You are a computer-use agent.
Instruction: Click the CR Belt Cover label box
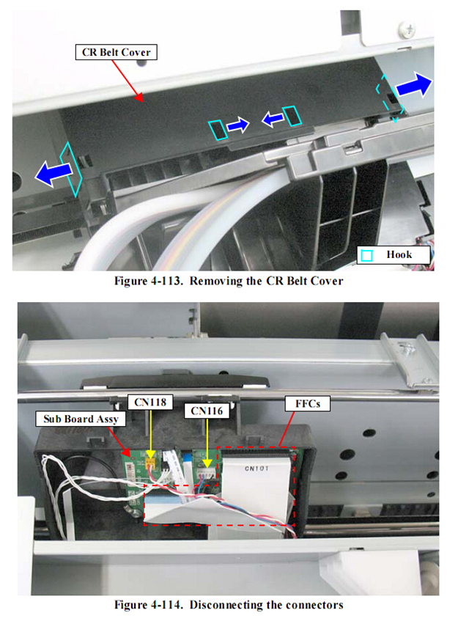(116, 52)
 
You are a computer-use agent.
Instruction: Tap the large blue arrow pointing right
(414, 85)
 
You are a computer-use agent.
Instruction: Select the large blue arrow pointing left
(53, 174)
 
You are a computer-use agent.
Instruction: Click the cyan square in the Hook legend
(367, 255)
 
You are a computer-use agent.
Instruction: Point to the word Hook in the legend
(399, 254)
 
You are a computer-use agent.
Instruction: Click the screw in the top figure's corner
(407, 29)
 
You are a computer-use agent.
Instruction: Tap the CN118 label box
(150, 402)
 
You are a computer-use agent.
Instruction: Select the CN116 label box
(207, 411)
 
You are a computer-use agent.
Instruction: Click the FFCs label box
(308, 403)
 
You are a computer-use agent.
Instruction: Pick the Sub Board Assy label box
(81, 419)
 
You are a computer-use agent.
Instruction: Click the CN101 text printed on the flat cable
(256, 468)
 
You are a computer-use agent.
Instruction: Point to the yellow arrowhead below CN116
(207, 463)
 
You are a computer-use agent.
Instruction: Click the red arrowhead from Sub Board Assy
(126, 452)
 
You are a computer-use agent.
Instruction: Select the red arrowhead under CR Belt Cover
(139, 98)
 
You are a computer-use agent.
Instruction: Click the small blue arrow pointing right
(238, 125)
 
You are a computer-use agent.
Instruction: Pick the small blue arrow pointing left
(273, 118)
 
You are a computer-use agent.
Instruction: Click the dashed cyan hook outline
(390, 98)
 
